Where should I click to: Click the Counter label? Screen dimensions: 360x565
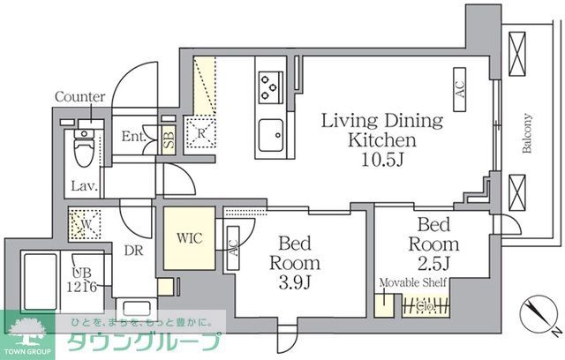coord(79,97)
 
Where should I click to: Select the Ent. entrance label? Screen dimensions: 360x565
coord(134,137)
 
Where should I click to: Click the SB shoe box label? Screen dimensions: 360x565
coord(169,139)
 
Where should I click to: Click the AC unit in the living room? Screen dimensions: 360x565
coord(460,89)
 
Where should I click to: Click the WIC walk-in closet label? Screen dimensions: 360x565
coord(188,238)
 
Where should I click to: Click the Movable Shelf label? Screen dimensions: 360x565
coord(412,283)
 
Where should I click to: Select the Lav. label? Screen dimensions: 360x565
coord(85,186)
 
